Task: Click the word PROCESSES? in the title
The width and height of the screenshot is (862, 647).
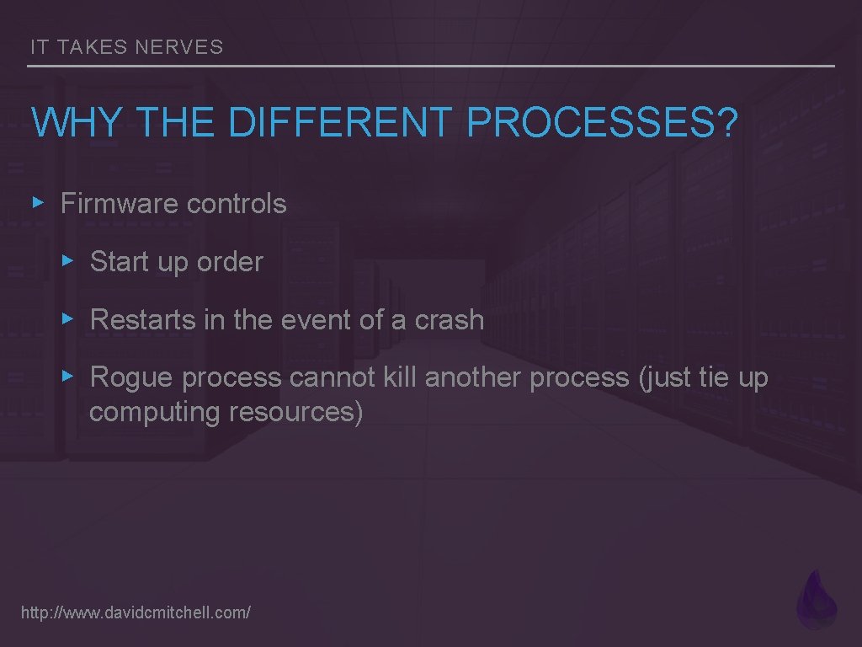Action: pyautogui.click(x=602, y=123)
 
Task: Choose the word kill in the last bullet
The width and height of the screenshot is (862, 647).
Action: pyautogui.click(x=400, y=378)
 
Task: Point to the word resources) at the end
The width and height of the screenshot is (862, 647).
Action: pyautogui.click(x=296, y=413)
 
